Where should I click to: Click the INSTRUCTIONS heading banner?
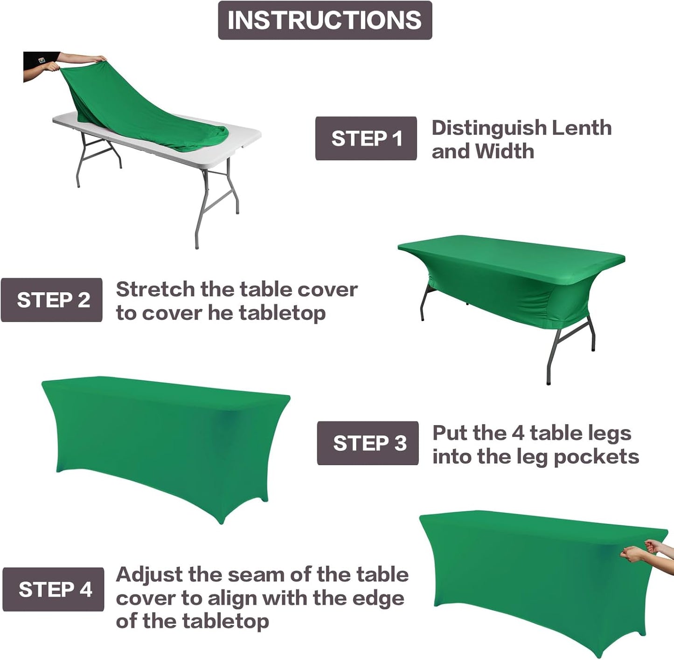click(x=325, y=21)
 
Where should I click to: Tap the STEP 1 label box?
click(x=366, y=138)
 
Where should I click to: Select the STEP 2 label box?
click(x=52, y=300)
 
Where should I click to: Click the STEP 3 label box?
click(x=368, y=443)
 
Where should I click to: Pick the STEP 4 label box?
click(x=53, y=589)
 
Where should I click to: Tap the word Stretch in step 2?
click(x=155, y=289)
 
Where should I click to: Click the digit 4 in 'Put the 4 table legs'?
click(x=518, y=433)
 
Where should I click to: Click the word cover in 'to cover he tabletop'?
click(x=172, y=313)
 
